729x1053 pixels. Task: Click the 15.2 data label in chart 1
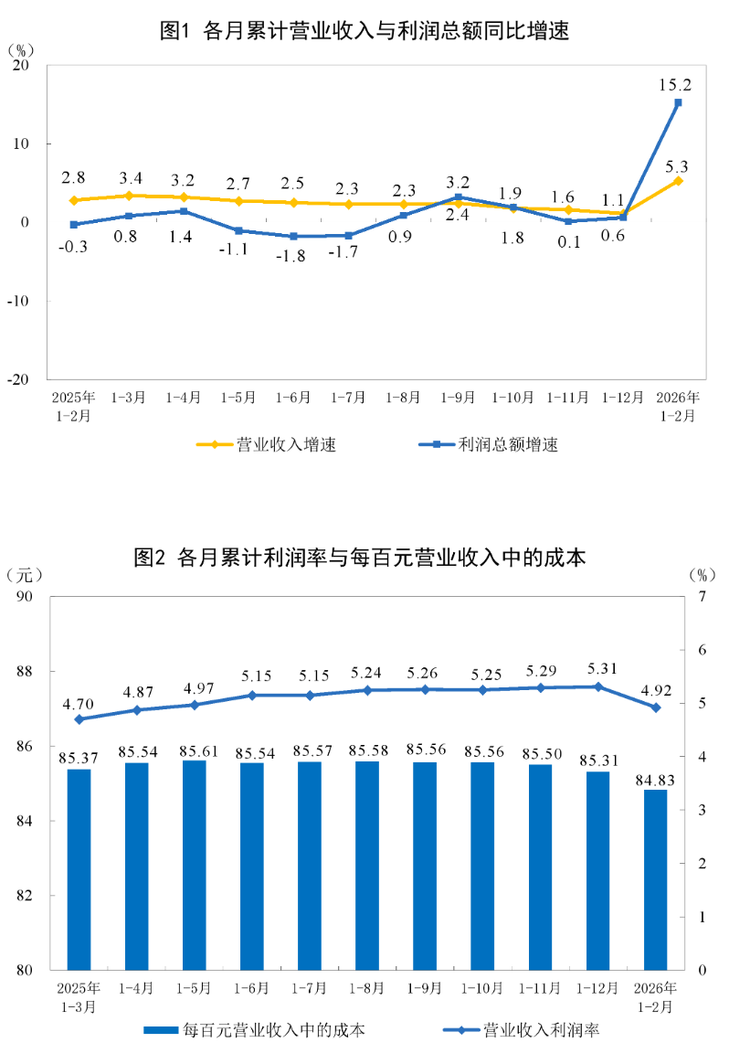click(x=675, y=85)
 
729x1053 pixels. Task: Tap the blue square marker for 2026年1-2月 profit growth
click(x=678, y=103)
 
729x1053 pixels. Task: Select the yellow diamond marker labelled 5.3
click(x=678, y=181)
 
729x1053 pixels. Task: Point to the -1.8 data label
click(x=293, y=257)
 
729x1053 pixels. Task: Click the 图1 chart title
click(x=364, y=31)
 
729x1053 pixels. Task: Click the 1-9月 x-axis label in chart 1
click(x=458, y=398)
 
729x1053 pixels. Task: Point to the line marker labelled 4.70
click(x=79, y=719)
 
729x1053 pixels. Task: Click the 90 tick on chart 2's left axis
click(x=23, y=597)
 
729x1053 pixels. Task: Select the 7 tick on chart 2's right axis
click(x=702, y=597)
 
